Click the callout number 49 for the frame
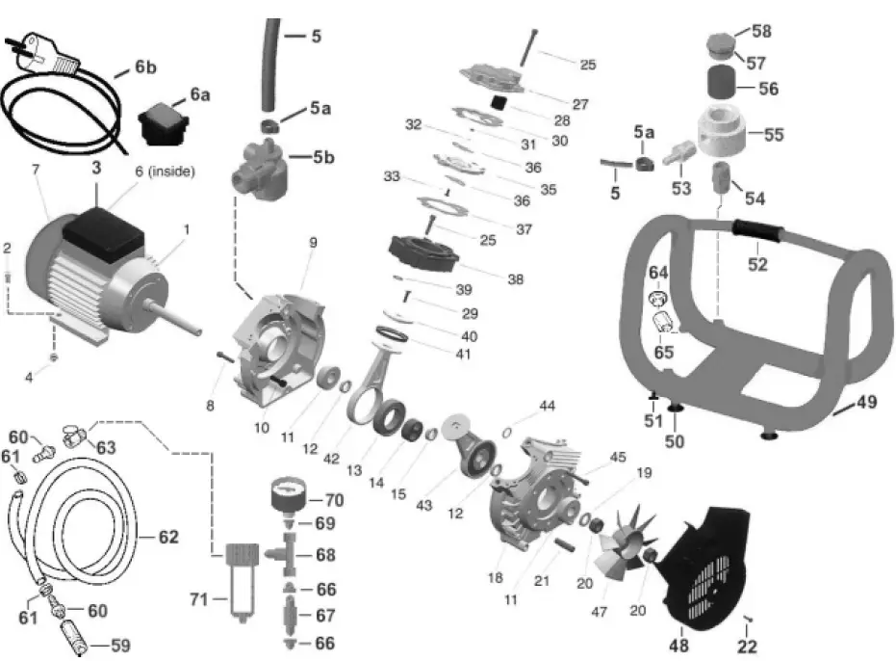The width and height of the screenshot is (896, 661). click(x=866, y=403)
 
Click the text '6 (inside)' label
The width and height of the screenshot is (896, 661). click(x=165, y=172)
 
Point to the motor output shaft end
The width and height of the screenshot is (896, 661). click(x=200, y=330)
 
